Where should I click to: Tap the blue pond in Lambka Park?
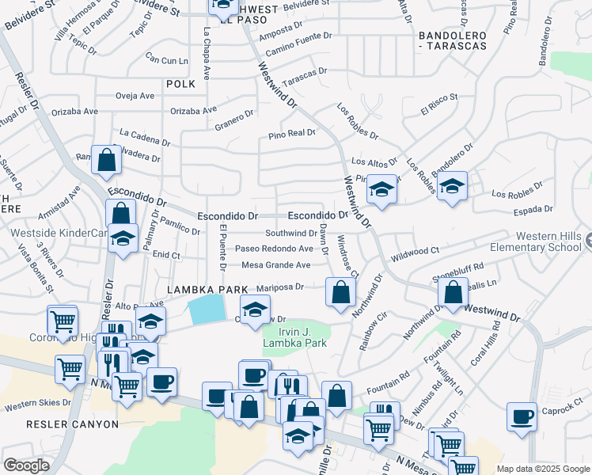coord(207,307)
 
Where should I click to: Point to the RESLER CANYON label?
coord(73,424)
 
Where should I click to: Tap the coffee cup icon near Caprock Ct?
coord(522,416)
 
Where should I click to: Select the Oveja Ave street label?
coord(135,96)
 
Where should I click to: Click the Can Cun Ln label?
coord(167,59)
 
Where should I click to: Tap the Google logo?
coord(26,465)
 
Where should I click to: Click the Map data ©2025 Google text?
coord(543,469)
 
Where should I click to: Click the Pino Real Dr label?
coord(291,134)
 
